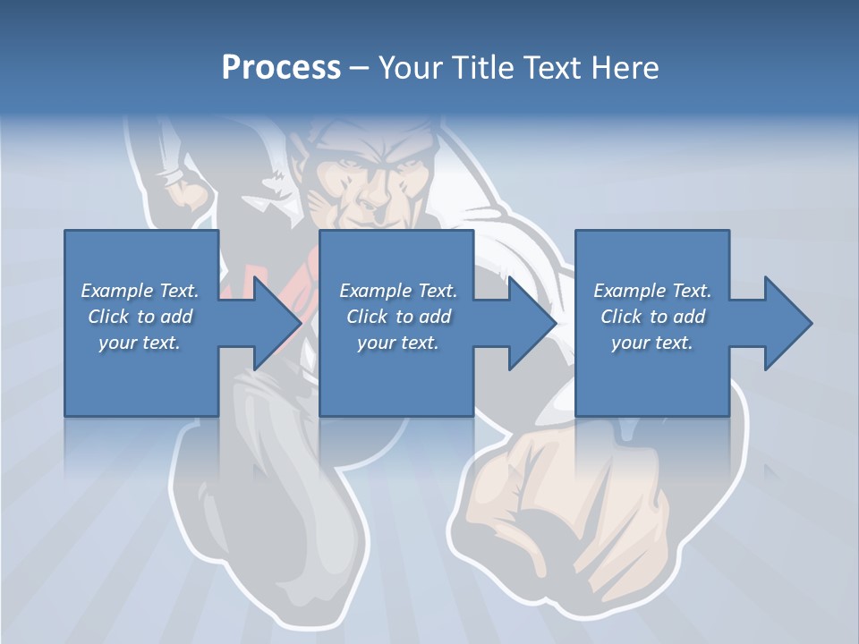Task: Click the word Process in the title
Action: click(x=281, y=68)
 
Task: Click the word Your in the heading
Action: click(x=412, y=68)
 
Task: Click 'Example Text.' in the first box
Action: click(x=140, y=291)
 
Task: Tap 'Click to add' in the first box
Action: click(x=140, y=317)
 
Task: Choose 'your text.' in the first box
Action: click(x=140, y=343)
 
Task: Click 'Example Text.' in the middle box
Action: click(x=398, y=291)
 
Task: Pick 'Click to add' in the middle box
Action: click(x=398, y=317)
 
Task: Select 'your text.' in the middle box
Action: click(x=398, y=343)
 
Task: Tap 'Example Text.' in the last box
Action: click(x=652, y=291)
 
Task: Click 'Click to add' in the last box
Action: click(x=652, y=317)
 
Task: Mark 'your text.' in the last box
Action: click(x=652, y=343)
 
